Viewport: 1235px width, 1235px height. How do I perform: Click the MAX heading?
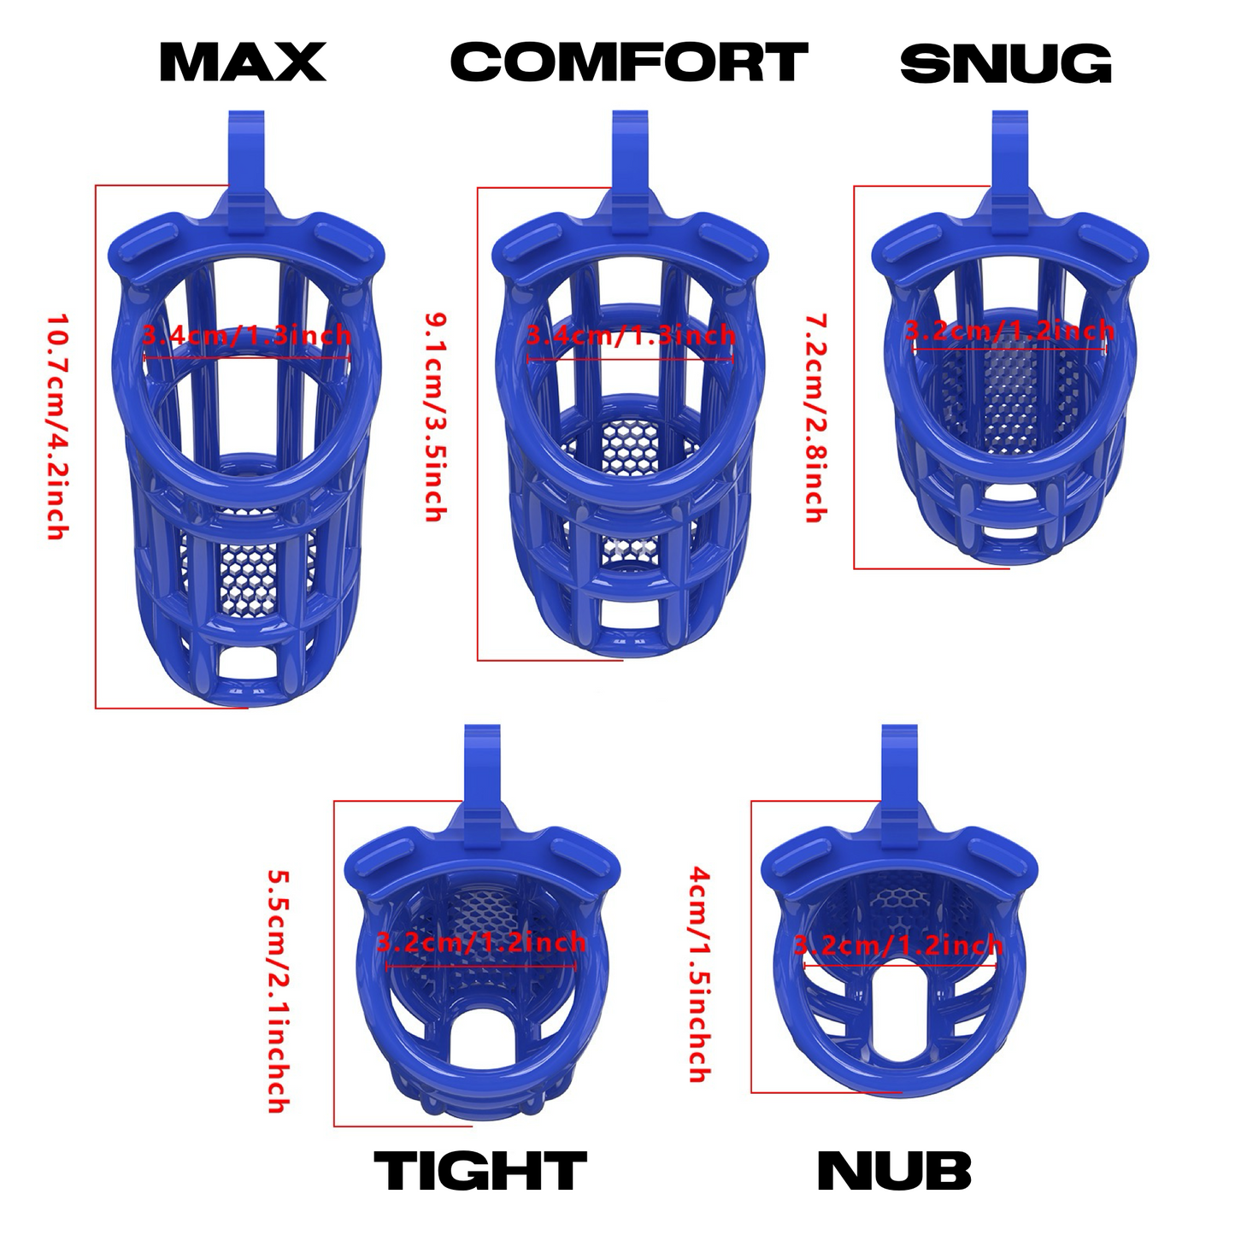tap(243, 62)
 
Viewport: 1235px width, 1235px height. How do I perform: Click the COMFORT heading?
tap(629, 62)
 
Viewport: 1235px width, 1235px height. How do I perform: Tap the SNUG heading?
tap(1006, 63)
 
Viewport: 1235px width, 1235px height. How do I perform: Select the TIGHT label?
tap(480, 1170)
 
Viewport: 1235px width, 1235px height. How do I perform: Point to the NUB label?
tap(894, 1170)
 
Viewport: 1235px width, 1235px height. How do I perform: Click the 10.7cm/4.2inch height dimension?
tap(57, 426)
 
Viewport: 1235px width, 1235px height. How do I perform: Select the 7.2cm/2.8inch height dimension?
tap(815, 418)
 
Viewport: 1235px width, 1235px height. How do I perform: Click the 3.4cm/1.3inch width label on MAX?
tap(247, 336)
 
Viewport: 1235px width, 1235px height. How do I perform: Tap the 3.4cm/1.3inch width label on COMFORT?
tap(632, 335)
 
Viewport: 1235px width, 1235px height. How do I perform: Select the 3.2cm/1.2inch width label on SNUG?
tap(1010, 331)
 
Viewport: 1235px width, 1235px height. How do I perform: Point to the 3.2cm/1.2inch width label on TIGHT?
tap(480, 942)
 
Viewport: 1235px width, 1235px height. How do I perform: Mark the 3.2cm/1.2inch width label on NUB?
tap(898, 945)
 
